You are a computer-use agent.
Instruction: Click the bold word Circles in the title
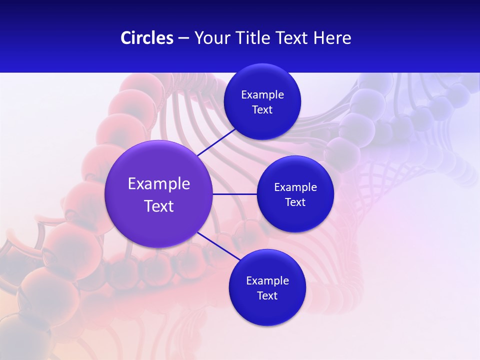(146, 38)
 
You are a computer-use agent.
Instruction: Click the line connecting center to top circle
(216, 142)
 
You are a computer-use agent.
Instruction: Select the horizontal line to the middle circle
(234, 194)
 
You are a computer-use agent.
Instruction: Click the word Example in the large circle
(159, 184)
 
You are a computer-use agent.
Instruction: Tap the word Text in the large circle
(159, 206)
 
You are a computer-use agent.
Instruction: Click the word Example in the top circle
(262, 95)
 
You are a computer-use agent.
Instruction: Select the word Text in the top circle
(262, 110)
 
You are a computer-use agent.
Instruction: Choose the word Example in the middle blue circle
(295, 187)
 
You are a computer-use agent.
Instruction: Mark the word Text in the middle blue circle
(295, 202)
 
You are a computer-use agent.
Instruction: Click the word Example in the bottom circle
(267, 281)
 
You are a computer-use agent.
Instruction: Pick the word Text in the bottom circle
(267, 296)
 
